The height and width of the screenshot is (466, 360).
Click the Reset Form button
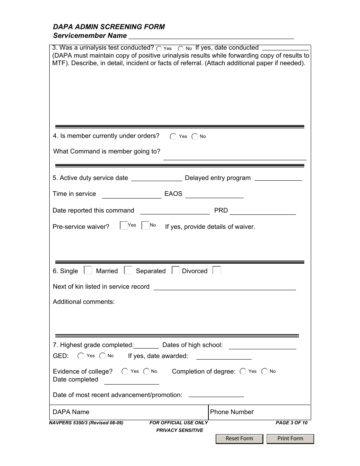(239, 439)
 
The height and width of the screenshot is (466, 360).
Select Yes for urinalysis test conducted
(159, 48)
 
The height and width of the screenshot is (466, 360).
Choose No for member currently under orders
(195, 137)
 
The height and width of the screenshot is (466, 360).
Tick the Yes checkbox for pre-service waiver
(124, 225)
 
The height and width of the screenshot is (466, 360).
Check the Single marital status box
(88, 270)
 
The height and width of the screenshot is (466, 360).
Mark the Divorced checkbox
(216, 270)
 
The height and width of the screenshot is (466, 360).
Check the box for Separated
(175, 270)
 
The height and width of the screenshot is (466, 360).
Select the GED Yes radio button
(81, 356)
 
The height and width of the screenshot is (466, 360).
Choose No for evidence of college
(146, 371)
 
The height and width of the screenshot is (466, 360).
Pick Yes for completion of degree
(243, 371)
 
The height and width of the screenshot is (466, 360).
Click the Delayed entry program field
(278, 178)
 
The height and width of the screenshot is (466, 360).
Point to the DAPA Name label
(71, 412)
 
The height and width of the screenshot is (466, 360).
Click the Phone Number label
(232, 412)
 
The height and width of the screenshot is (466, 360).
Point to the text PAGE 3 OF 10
(291, 423)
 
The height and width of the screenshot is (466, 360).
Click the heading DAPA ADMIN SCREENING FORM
(109, 27)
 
